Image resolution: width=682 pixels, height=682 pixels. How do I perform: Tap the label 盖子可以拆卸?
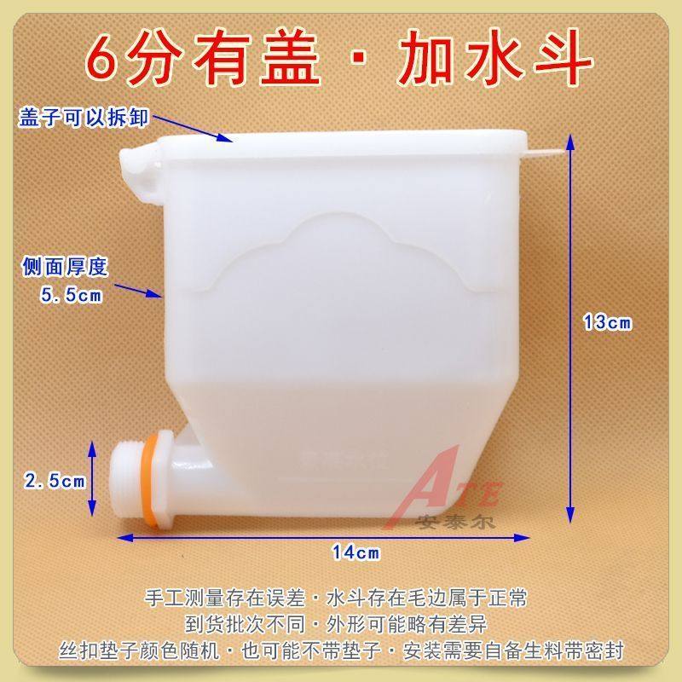84,118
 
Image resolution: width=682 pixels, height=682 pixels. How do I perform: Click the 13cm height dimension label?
606,322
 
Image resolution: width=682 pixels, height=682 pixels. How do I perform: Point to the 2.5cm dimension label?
55,481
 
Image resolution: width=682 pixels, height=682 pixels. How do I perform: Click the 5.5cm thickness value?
71,296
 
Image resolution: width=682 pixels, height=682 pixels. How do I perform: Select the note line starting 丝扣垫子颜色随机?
341,650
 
